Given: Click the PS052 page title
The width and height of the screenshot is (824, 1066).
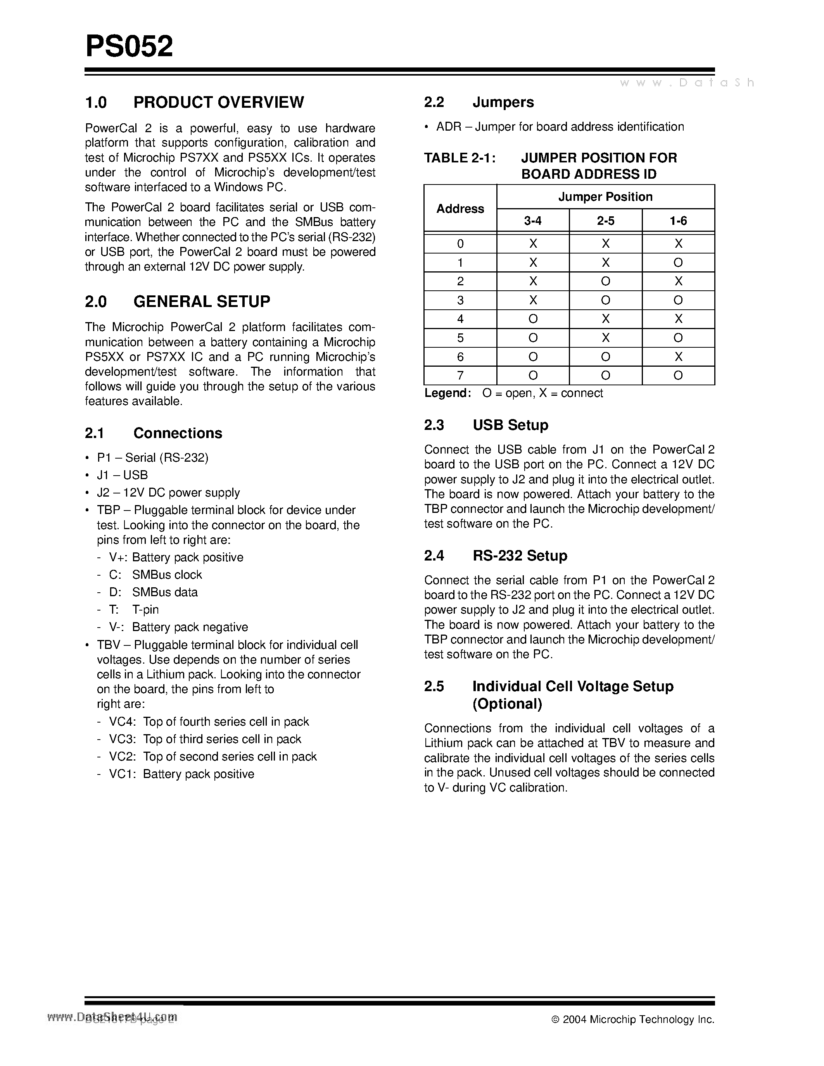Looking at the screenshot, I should (129, 47).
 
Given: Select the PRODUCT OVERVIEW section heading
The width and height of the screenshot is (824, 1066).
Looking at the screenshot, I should (218, 102).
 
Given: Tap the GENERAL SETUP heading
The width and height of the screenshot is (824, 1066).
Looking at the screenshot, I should (201, 301).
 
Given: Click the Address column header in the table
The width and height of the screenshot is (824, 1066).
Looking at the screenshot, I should (460, 209).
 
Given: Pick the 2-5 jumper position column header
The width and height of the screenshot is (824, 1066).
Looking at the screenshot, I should (605, 221).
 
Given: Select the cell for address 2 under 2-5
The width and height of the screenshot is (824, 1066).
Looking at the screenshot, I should (605, 281).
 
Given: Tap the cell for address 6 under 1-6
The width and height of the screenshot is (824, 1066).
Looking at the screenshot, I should (678, 357).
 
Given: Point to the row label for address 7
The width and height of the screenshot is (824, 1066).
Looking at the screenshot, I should (460, 375).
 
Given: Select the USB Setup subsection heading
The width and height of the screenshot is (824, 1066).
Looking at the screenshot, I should (510, 424).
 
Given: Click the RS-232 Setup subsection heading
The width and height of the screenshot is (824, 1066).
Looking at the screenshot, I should (519, 555).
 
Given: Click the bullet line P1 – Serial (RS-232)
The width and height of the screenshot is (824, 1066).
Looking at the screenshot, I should (152, 457).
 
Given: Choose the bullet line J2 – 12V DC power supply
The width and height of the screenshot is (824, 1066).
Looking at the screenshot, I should (168, 492).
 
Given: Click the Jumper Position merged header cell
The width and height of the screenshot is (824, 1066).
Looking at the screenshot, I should (605, 197).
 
